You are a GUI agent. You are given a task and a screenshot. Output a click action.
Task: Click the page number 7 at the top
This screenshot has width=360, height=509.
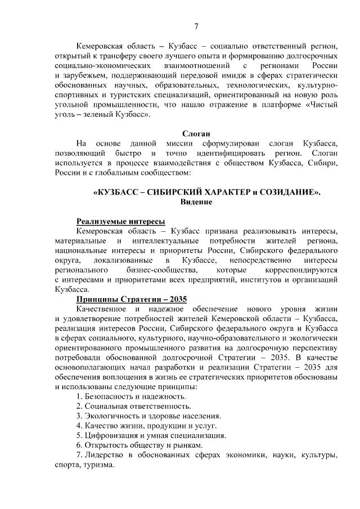[x=196, y=26]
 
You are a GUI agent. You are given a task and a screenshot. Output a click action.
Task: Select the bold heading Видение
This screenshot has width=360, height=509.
[x=196, y=202]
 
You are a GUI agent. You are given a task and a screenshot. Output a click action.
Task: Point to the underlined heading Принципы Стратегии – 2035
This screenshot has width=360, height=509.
[x=131, y=299]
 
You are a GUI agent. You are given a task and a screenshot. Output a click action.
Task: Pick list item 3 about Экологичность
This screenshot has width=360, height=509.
[x=148, y=416]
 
